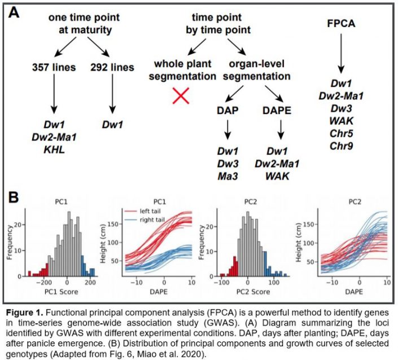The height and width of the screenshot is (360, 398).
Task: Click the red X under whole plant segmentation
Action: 181,97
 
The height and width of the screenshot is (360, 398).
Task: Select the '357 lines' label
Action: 55,67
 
